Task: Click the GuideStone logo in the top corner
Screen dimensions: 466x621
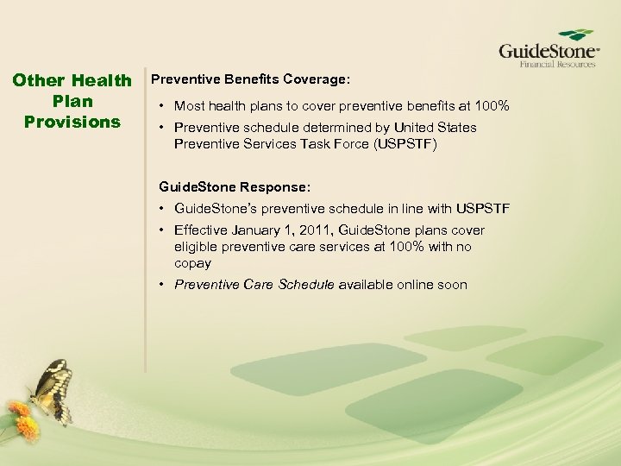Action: click(x=549, y=48)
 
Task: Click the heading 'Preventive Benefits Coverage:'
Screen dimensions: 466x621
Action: click(x=250, y=79)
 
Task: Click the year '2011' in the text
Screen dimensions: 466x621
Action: click(x=316, y=230)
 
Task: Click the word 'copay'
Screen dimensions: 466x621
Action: click(x=192, y=263)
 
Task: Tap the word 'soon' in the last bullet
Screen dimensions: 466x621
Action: click(x=452, y=285)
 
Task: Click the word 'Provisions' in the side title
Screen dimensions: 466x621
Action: click(x=72, y=122)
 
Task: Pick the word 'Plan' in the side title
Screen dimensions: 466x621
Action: click(x=72, y=101)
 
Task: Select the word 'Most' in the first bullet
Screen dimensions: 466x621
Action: click(x=189, y=106)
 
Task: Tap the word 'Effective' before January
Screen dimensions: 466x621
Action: click(x=203, y=230)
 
